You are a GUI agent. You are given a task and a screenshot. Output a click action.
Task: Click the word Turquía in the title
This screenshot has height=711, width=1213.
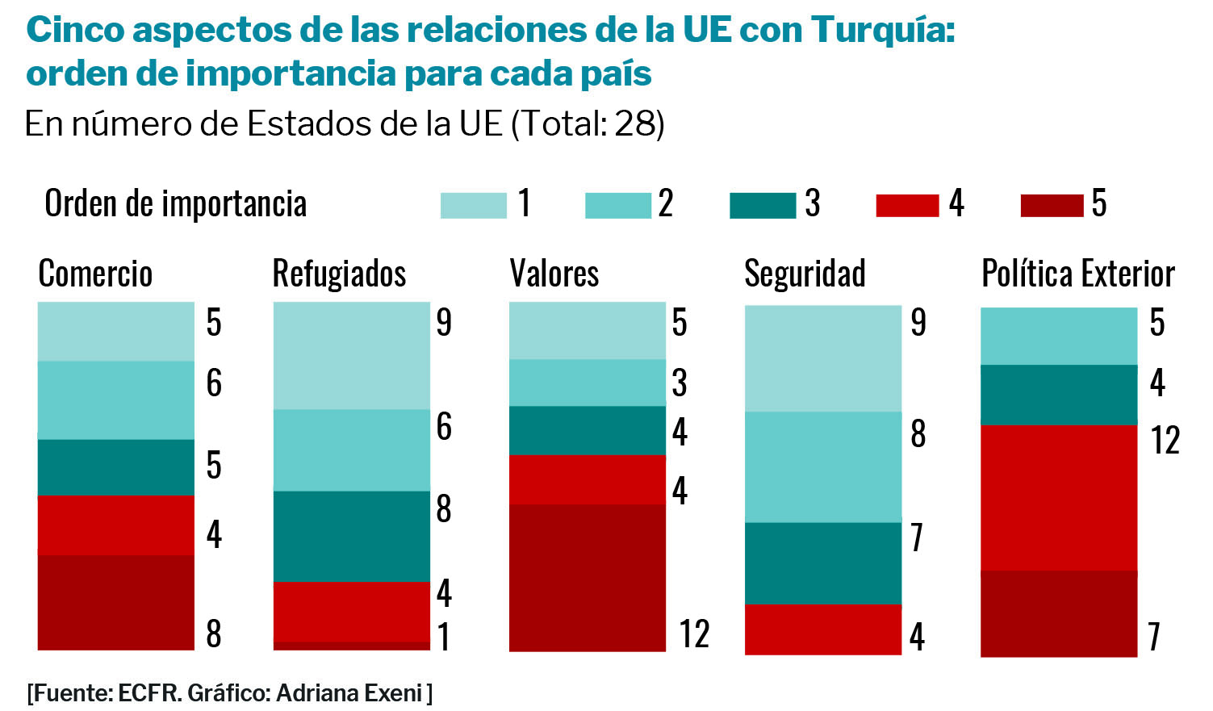click(x=882, y=31)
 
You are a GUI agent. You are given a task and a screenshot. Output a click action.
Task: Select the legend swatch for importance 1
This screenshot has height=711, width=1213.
click(x=473, y=206)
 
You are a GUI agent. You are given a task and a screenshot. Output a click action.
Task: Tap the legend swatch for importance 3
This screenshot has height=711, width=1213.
click(x=762, y=206)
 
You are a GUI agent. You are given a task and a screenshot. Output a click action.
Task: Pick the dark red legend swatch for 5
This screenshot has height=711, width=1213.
click(x=1052, y=206)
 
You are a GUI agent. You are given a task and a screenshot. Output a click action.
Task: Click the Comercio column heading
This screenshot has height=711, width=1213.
click(x=95, y=274)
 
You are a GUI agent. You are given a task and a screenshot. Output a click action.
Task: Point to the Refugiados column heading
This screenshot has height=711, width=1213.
click(x=339, y=274)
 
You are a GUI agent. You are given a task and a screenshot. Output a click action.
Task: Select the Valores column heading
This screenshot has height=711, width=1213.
click(x=554, y=274)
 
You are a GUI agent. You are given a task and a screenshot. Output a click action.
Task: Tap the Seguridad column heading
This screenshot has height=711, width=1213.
click(x=805, y=274)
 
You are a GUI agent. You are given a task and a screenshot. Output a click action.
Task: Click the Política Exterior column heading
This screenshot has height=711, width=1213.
click(x=1077, y=274)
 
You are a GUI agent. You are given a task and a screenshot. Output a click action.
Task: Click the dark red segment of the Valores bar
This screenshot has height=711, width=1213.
click(x=588, y=577)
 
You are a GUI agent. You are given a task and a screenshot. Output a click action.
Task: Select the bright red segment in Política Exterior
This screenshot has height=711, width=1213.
click(x=1059, y=497)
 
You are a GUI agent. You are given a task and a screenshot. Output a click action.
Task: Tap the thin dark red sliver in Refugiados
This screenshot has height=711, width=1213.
click(x=352, y=646)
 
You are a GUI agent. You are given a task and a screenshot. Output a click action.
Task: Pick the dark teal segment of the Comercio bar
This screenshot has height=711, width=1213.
click(x=116, y=467)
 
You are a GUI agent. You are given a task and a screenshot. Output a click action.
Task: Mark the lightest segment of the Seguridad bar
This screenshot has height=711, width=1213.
click(x=822, y=358)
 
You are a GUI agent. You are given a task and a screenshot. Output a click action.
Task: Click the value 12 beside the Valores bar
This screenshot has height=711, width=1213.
click(x=694, y=634)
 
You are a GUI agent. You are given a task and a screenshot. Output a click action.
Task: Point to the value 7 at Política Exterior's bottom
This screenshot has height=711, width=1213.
click(x=1155, y=637)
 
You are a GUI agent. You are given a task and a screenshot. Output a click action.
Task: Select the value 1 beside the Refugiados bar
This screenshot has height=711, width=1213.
click(x=444, y=637)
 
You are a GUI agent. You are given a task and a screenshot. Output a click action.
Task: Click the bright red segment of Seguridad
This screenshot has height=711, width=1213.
click(x=822, y=629)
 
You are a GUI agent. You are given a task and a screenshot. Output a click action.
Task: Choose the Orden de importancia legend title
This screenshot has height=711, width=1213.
click(x=176, y=203)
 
